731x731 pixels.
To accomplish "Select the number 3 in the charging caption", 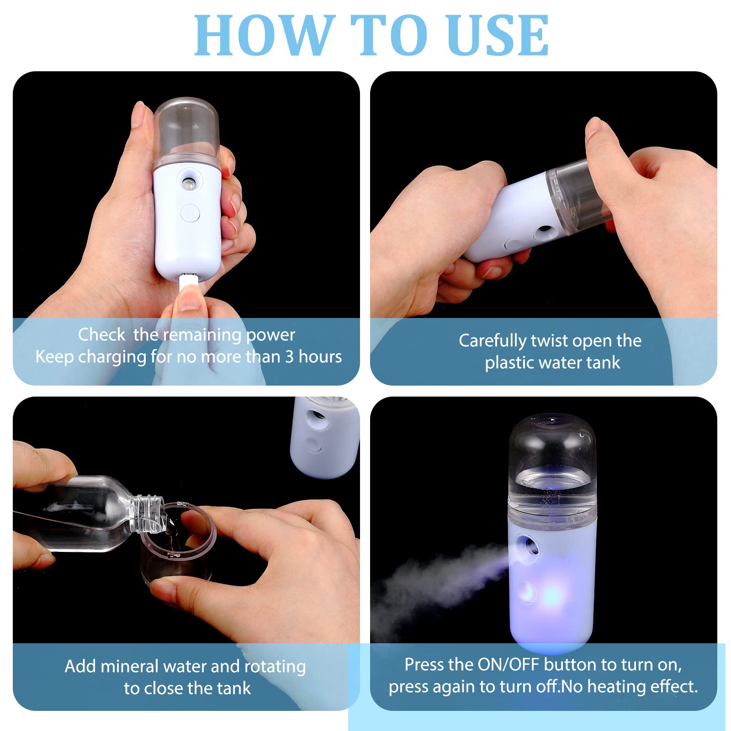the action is tap(289, 356).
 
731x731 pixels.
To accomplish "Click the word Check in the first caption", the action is tap(101, 334).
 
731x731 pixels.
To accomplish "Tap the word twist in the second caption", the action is tap(549, 341).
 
